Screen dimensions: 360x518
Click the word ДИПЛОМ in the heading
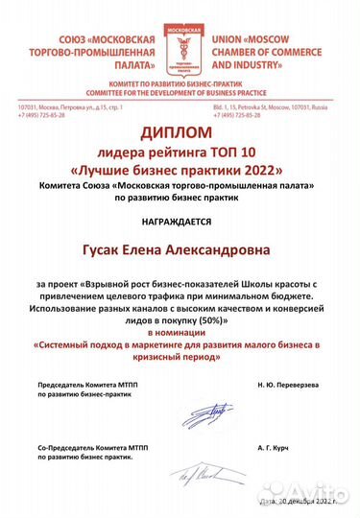click(180, 135)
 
